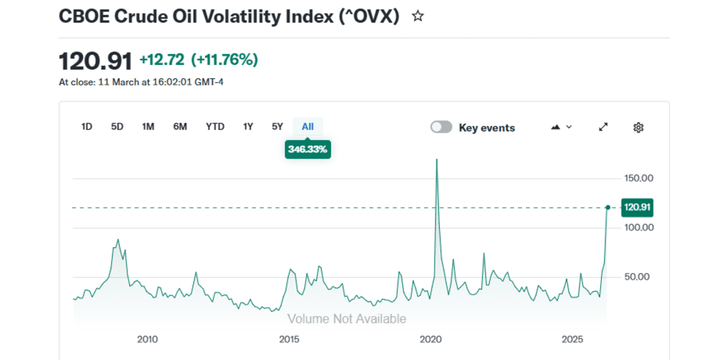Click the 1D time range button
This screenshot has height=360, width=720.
click(87, 127)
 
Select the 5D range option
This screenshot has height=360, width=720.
click(117, 127)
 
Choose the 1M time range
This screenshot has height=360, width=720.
click(148, 127)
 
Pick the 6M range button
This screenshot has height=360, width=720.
click(180, 127)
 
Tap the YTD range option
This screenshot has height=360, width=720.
click(215, 127)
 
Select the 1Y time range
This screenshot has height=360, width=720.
click(248, 127)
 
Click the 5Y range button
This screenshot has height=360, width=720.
click(277, 127)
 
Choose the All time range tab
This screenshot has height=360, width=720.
click(308, 127)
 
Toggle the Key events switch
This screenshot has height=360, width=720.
click(441, 127)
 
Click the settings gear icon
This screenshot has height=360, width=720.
click(638, 127)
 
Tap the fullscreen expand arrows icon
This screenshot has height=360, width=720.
click(604, 127)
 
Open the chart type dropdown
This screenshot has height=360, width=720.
click(561, 127)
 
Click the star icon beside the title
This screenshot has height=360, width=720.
click(417, 16)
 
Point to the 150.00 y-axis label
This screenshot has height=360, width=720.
click(640, 178)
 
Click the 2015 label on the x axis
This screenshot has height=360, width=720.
click(289, 339)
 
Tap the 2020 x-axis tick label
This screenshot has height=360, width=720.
click(431, 339)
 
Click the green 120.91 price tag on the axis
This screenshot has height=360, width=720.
click(637, 208)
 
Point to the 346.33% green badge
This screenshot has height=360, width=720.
click(308, 150)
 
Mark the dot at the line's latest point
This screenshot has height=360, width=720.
click(607, 208)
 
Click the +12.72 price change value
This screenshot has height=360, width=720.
click(162, 60)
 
